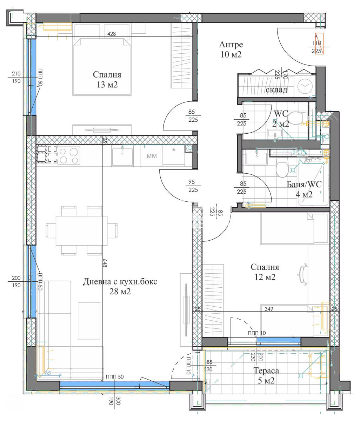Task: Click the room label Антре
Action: point(231,45)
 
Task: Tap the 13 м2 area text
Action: point(107,85)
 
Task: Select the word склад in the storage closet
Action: point(276,89)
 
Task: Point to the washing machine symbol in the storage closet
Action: point(305,86)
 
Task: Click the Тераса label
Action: point(266,371)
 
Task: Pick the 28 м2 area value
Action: point(120,292)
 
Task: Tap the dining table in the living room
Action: point(81,230)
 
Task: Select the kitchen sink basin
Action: point(122,157)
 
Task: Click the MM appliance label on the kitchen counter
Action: point(152,156)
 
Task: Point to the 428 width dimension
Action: point(112,34)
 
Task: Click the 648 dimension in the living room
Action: point(105,263)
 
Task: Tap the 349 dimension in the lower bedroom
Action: point(269,309)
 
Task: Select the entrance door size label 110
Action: point(316,43)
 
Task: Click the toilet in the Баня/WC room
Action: point(282,169)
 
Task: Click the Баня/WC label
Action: point(304,184)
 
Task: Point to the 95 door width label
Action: point(192,181)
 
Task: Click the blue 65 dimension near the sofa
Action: point(48,373)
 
